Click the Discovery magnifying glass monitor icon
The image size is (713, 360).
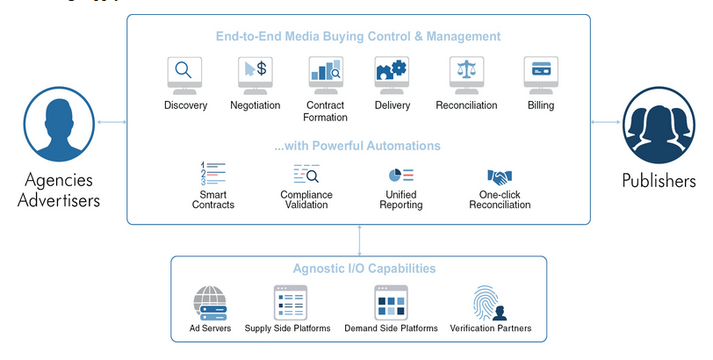pyautogui.click(x=184, y=76)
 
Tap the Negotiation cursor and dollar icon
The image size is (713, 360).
pyautogui.click(x=256, y=76)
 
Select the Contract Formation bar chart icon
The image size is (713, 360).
pyautogui.click(x=326, y=76)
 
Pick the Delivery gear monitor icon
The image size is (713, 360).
pyautogui.click(x=392, y=76)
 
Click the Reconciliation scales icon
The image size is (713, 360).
pyautogui.click(x=466, y=76)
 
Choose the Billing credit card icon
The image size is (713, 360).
pyautogui.click(x=541, y=76)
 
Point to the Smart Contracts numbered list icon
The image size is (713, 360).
pyautogui.click(x=212, y=174)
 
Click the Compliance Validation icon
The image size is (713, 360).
pyautogui.click(x=306, y=174)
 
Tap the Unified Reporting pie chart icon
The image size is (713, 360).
pyautogui.click(x=401, y=175)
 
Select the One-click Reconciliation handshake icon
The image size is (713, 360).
pyautogui.click(x=500, y=176)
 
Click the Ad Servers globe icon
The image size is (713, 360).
pyautogui.click(x=210, y=303)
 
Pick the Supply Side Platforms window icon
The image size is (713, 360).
pyautogui.click(x=290, y=303)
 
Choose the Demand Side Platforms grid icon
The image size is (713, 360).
pyautogui.click(x=391, y=303)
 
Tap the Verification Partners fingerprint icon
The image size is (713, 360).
pyautogui.click(x=489, y=303)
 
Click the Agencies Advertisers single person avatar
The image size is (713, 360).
pyautogui.click(x=59, y=124)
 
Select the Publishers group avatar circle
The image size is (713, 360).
pyautogui.click(x=659, y=125)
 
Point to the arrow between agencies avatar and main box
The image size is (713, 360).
pyautogui.click(x=112, y=122)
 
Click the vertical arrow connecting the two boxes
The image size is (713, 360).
pyautogui.click(x=359, y=240)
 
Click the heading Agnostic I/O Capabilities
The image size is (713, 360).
pyautogui.click(x=364, y=268)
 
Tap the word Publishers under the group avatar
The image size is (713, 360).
pyautogui.click(x=659, y=181)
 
